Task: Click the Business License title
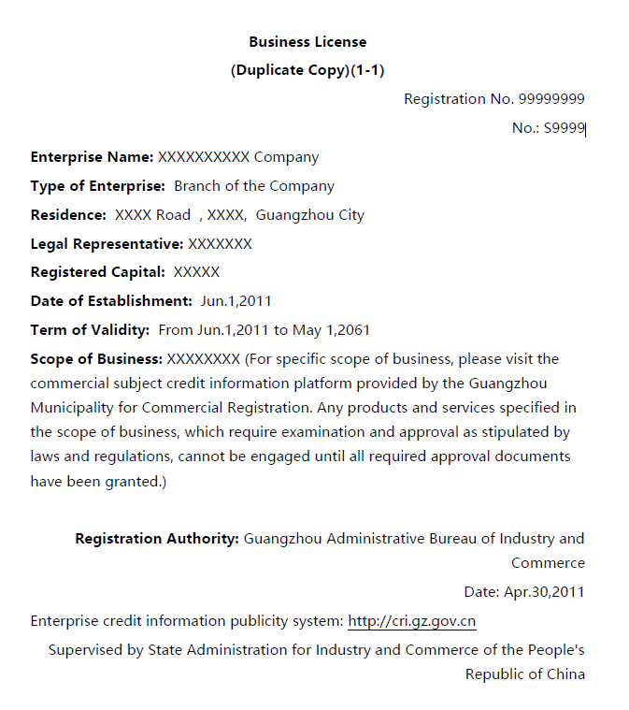(307, 42)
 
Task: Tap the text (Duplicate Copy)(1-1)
(307, 71)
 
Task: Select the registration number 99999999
(551, 99)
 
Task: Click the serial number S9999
(564, 128)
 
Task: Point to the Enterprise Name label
(92, 157)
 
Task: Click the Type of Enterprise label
(98, 186)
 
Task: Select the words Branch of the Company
(254, 186)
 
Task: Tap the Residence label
(68, 215)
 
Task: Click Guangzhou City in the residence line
(309, 215)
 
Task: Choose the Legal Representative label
(107, 244)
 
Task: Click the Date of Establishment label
(111, 301)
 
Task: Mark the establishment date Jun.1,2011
(236, 301)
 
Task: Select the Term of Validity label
(90, 330)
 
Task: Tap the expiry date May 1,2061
(332, 330)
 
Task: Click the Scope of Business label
(97, 359)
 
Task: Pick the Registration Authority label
(157, 539)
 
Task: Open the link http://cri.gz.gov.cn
(412, 621)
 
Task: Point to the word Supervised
(84, 650)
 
